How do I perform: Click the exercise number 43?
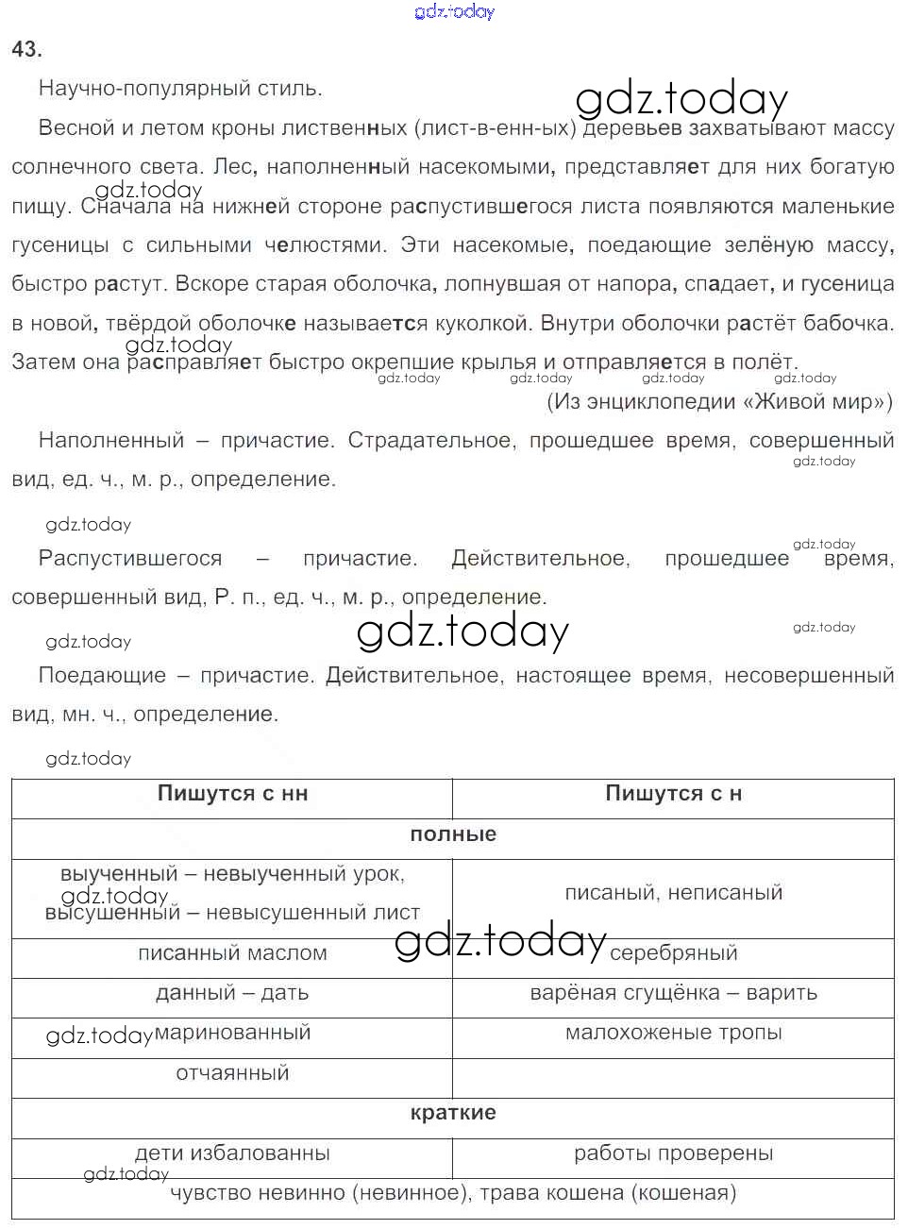[x=26, y=50]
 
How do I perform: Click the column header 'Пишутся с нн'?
[x=232, y=794]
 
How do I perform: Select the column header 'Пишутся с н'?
[x=673, y=794]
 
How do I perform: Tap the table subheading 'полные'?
[x=453, y=834]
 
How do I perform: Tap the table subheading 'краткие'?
[x=453, y=1113]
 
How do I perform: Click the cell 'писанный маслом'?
[x=232, y=953]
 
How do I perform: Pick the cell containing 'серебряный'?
[x=673, y=953]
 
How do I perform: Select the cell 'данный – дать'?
[x=232, y=993]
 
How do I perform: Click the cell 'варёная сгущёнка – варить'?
[x=673, y=993]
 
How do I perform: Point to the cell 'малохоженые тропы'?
[x=673, y=1033]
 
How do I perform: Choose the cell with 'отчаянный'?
[x=232, y=1073]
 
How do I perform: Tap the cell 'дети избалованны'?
[x=232, y=1153]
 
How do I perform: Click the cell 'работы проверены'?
[x=673, y=1153]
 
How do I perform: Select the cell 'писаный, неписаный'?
[x=673, y=893]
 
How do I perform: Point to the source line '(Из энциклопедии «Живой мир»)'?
[x=719, y=402]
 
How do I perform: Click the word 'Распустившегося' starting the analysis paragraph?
[x=130, y=559]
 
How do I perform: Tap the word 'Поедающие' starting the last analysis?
[x=102, y=676]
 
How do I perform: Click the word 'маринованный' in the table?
[x=232, y=1033]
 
